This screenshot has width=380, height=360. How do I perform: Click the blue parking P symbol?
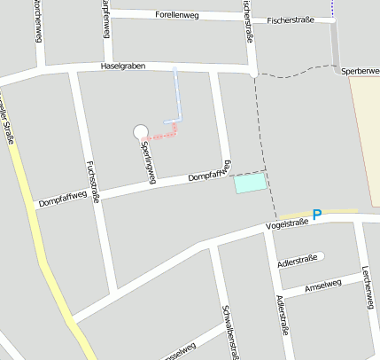coord(316,215)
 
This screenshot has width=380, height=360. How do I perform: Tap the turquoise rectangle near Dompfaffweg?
coord(250,184)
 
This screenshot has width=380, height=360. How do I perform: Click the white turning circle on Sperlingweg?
coord(140,132)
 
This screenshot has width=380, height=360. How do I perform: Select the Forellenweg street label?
coord(176,16)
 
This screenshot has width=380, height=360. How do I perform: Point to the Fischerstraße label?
coord(291,19)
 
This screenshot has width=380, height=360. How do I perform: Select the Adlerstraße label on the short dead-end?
coord(297,262)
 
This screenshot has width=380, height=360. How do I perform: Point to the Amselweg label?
coord(322,286)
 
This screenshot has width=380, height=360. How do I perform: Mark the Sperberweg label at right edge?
coord(360,70)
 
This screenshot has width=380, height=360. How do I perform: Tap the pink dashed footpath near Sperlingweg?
coord(162,136)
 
